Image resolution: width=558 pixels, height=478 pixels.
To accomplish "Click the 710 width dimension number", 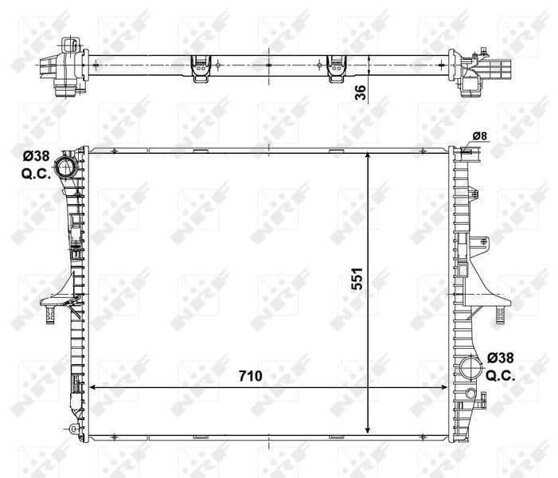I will click(x=249, y=374).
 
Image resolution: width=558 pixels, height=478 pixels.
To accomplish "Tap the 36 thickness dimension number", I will click(x=360, y=92).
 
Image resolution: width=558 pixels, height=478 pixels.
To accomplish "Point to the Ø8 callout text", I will click(x=480, y=135).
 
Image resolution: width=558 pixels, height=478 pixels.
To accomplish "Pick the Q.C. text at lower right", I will click(x=501, y=375).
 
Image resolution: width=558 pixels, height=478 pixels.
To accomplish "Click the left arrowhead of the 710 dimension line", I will click(x=92, y=387).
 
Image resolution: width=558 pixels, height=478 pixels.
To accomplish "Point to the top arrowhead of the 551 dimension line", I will click(x=368, y=156).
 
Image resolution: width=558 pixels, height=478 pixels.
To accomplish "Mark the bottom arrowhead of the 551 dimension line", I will click(x=368, y=428).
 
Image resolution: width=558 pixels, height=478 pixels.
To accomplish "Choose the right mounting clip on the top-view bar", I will click(x=337, y=69).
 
